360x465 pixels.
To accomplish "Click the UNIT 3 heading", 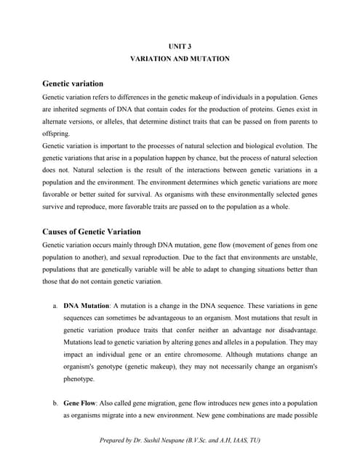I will (x=180, y=46).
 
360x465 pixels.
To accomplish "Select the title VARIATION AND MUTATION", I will (x=180, y=58).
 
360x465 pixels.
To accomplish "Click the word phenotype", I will (x=79, y=379).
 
